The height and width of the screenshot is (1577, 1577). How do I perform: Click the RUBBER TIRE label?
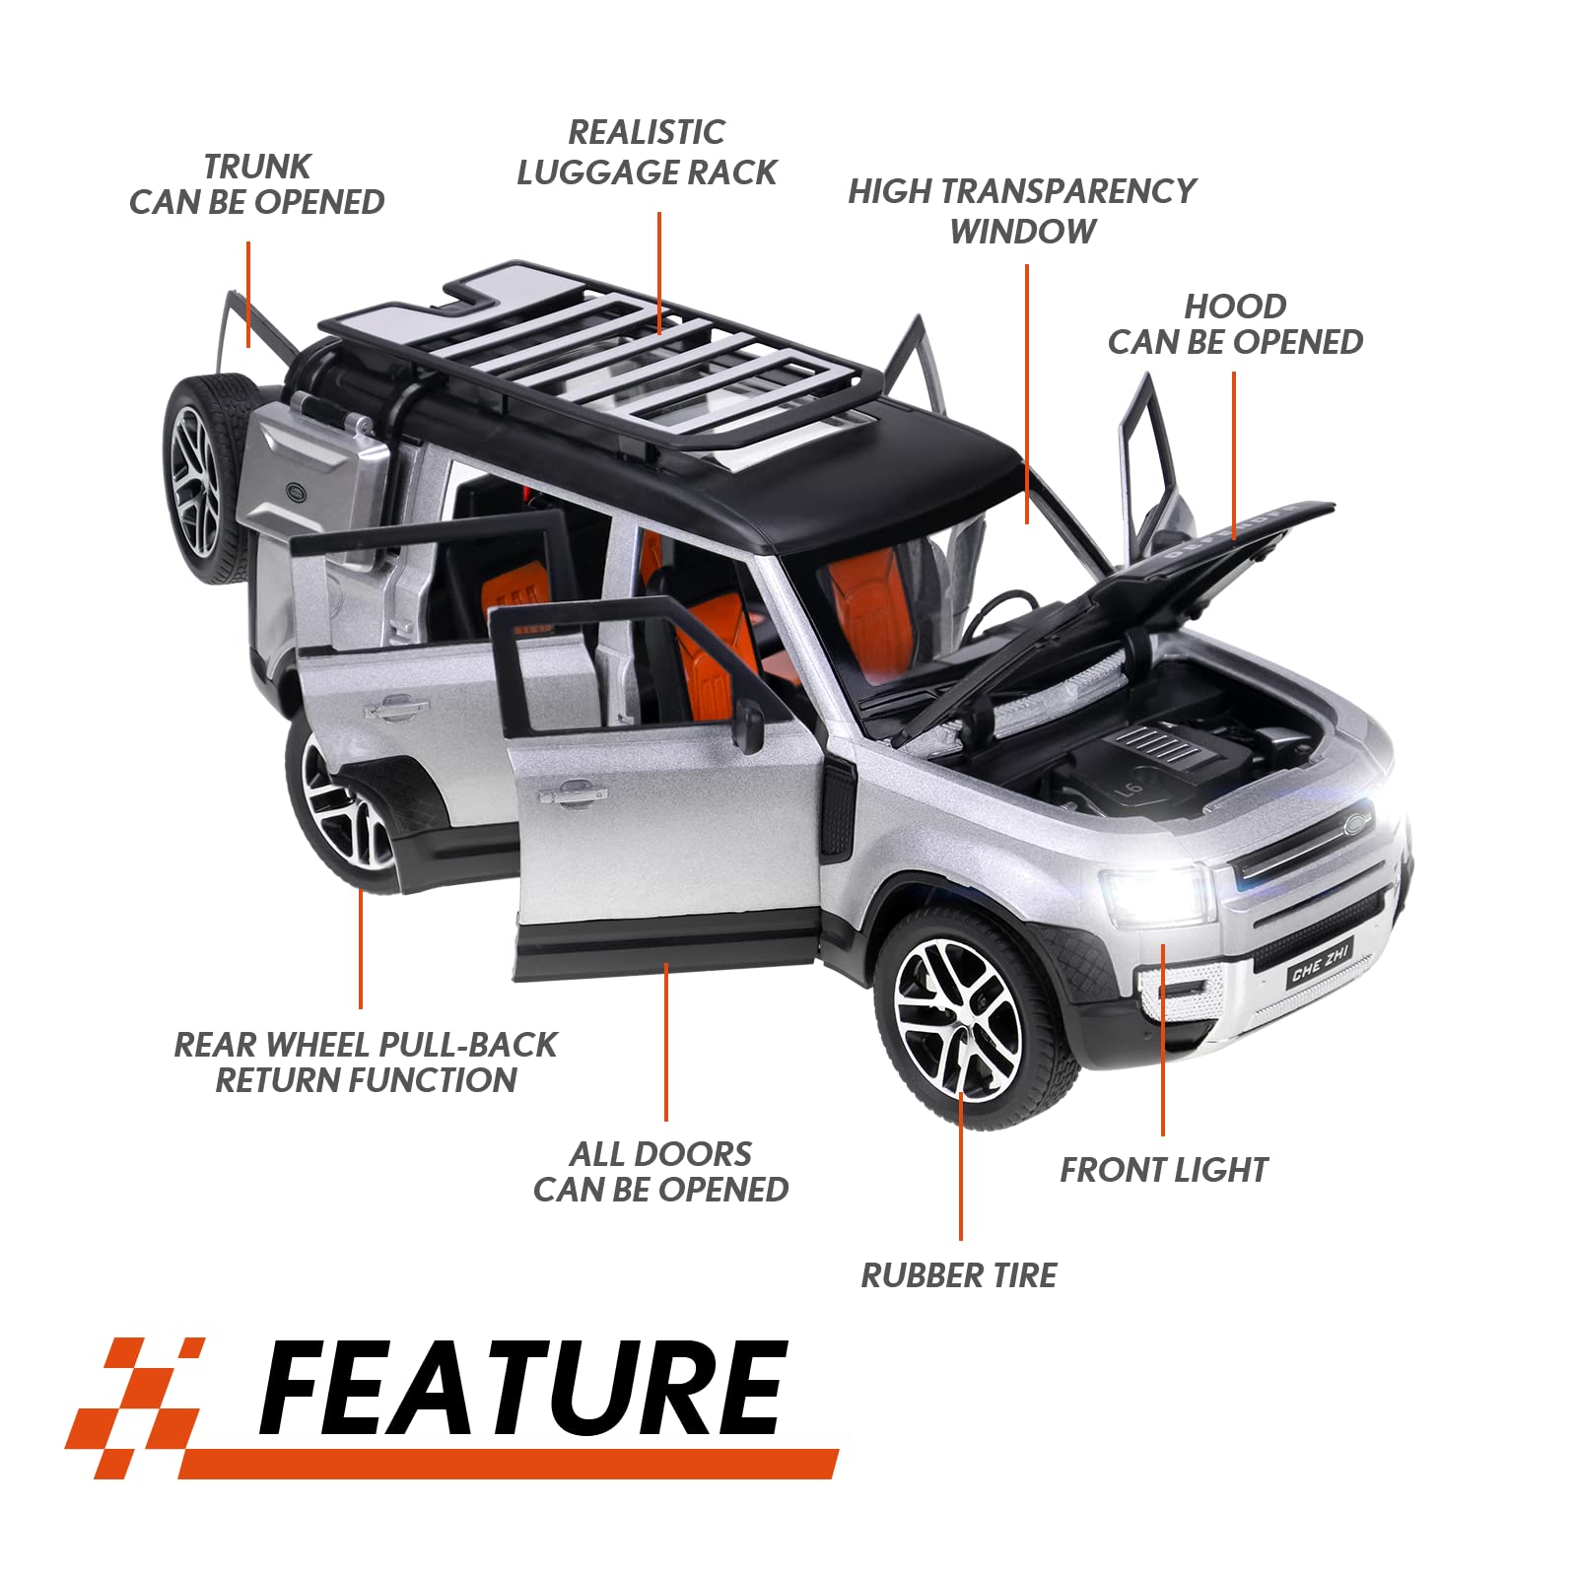coord(959,1275)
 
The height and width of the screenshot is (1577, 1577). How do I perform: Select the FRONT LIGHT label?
coord(1164,1170)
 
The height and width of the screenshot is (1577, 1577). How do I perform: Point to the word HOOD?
coord(1235,307)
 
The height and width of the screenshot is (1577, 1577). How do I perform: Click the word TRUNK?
coord(257,167)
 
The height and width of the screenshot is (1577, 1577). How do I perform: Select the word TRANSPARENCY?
coord(1084,191)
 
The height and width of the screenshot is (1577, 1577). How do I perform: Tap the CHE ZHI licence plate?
coord(1320,963)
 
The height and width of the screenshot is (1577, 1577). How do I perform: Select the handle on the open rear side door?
coord(395,707)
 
